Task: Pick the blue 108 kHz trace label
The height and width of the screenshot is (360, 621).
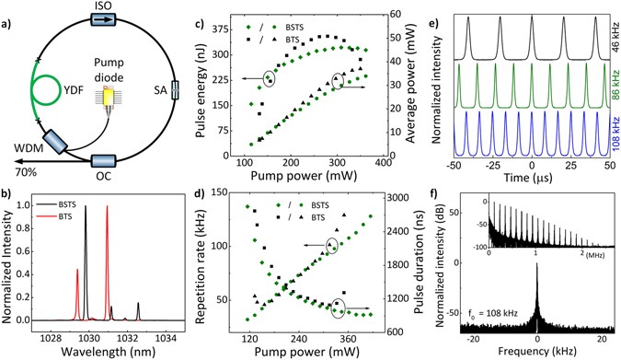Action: tap(611, 129)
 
